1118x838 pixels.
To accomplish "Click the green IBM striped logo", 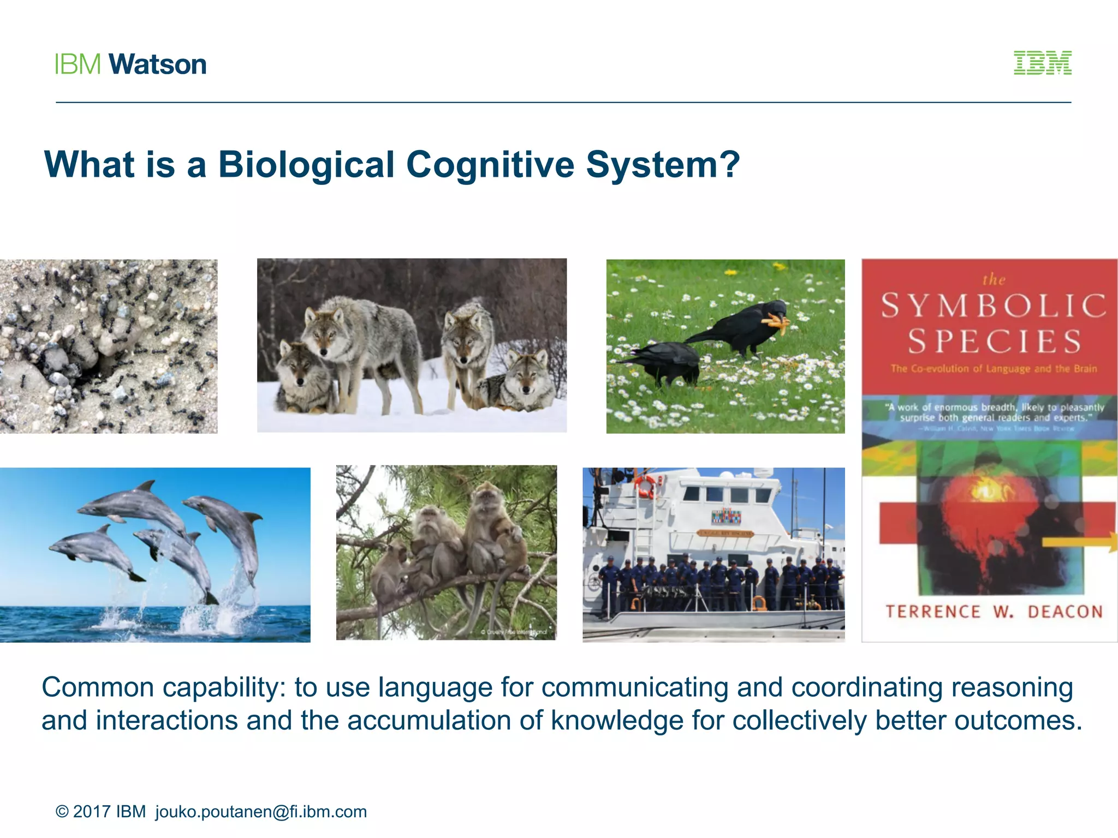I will pyautogui.click(x=1042, y=63).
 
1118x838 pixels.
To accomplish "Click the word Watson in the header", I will pyautogui.click(x=158, y=64).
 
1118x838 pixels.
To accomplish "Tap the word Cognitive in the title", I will pyautogui.click(x=490, y=164).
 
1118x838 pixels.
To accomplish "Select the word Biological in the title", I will pyautogui.click(x=306, y=164).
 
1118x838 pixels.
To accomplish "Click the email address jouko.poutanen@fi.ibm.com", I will pyautogui.click(x=261, y=811).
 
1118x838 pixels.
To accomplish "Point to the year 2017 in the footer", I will pyautogui.click(x=92, y=811).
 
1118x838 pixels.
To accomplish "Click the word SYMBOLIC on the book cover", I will pyautogui.click(x=993, y=306).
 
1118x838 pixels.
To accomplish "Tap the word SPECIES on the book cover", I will pyautogui.click(x=994, y=342).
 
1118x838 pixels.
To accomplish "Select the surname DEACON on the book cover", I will pyautogui.click(x=1065, y=612).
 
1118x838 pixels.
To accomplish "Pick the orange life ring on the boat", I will pyautogui.click(x=646, y=486).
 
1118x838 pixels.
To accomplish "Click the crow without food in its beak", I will pyautogui.click(x=666, y=360).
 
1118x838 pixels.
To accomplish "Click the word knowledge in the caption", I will pyautogui.click(x=617, y=720).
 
